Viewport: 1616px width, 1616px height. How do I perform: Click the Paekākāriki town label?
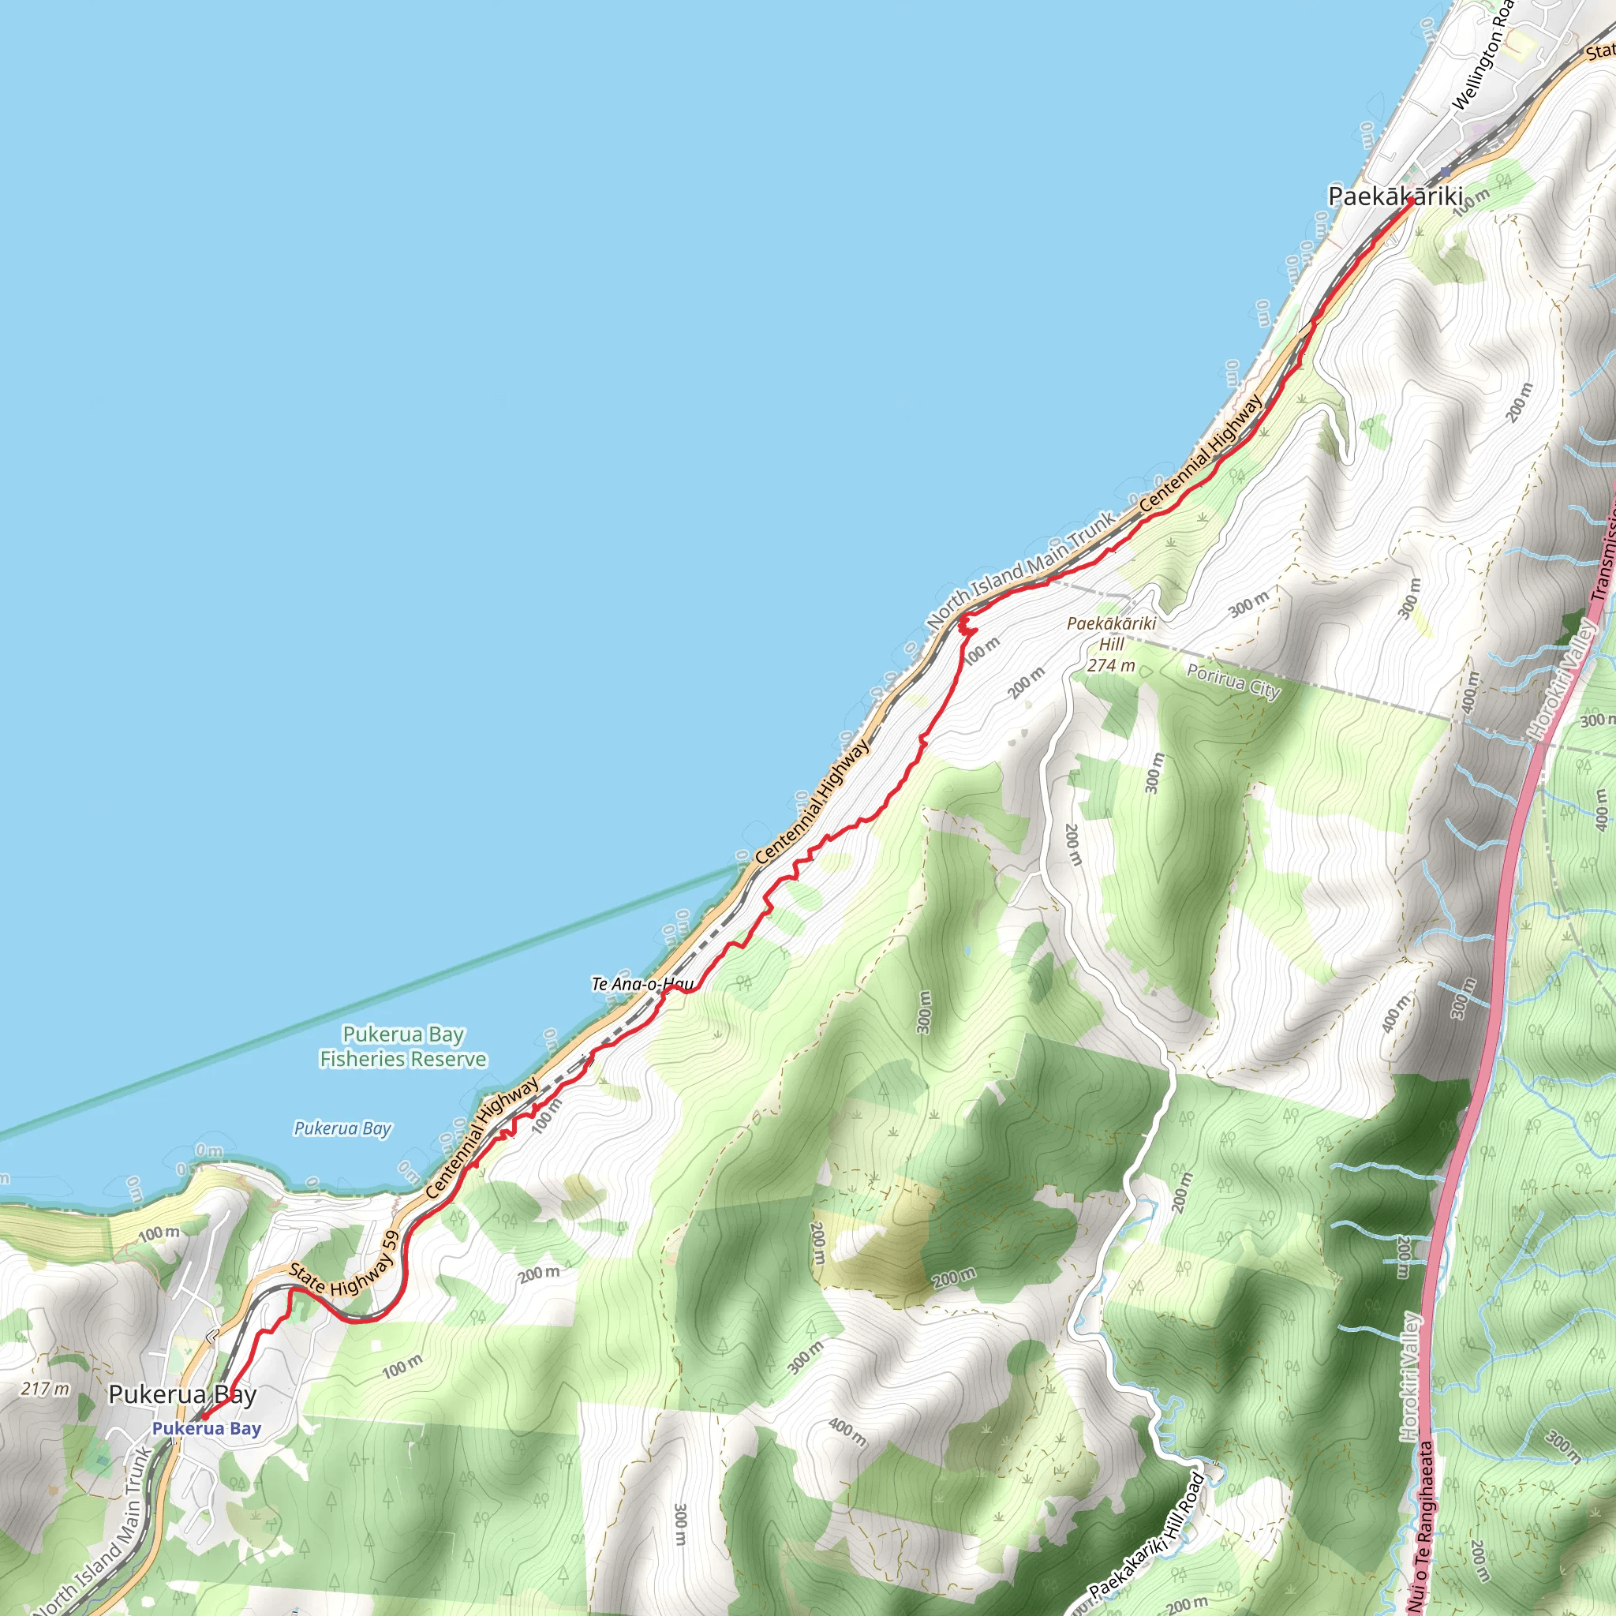pos(1394,197)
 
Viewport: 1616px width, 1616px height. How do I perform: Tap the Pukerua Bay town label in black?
pos(182,1394)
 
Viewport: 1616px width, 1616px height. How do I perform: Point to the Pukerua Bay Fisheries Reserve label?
pos(403,1046)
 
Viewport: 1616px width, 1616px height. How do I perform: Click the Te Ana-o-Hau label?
pos(642,984)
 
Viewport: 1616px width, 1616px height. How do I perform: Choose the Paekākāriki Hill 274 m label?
pos(1112,644)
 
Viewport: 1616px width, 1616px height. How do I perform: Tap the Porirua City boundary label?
pos(1233,681)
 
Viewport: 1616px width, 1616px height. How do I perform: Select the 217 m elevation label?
pos(45,1390)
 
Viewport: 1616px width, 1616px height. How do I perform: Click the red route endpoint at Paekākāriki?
pos(1410,201)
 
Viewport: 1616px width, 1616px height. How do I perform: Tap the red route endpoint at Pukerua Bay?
pos(204,1417)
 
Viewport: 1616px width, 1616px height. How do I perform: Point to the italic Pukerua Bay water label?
pos(342,1128)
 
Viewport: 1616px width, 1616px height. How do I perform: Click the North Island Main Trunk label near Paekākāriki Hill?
pos(1021,570)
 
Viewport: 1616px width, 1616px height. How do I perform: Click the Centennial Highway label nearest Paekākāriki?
pos(1201,454)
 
